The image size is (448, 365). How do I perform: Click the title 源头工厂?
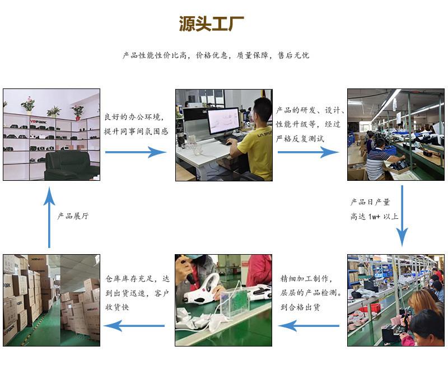(x=212, y=24)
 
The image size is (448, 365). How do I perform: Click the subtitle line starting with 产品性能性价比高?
(x=216, y=55)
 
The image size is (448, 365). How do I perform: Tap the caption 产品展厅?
(x=73, y=216)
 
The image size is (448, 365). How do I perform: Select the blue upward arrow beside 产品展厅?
(x=49, y=217)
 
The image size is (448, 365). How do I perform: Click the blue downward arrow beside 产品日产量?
(x=402, y=216)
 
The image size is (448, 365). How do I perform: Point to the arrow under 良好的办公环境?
(x=136, y=152)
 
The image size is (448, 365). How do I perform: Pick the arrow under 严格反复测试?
(x=308, y=152)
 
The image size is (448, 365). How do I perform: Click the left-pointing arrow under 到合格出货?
(x=309, y=326)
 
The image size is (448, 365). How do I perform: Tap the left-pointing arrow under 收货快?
(x=134, y=326)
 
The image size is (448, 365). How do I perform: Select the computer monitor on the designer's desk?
(x=223, y=121)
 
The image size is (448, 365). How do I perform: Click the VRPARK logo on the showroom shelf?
(x=38, y=121)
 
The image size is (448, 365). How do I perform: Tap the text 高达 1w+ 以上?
(x=374, y=217)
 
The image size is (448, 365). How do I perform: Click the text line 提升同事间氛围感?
(x=136, y=132)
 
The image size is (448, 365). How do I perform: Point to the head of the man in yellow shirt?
(x=262, y=110)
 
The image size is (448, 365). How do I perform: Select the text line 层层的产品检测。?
(x=311, y=293)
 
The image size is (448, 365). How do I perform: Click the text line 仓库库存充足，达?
(x=137, y=278)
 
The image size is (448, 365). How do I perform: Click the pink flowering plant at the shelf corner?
(x=77, y=111)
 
